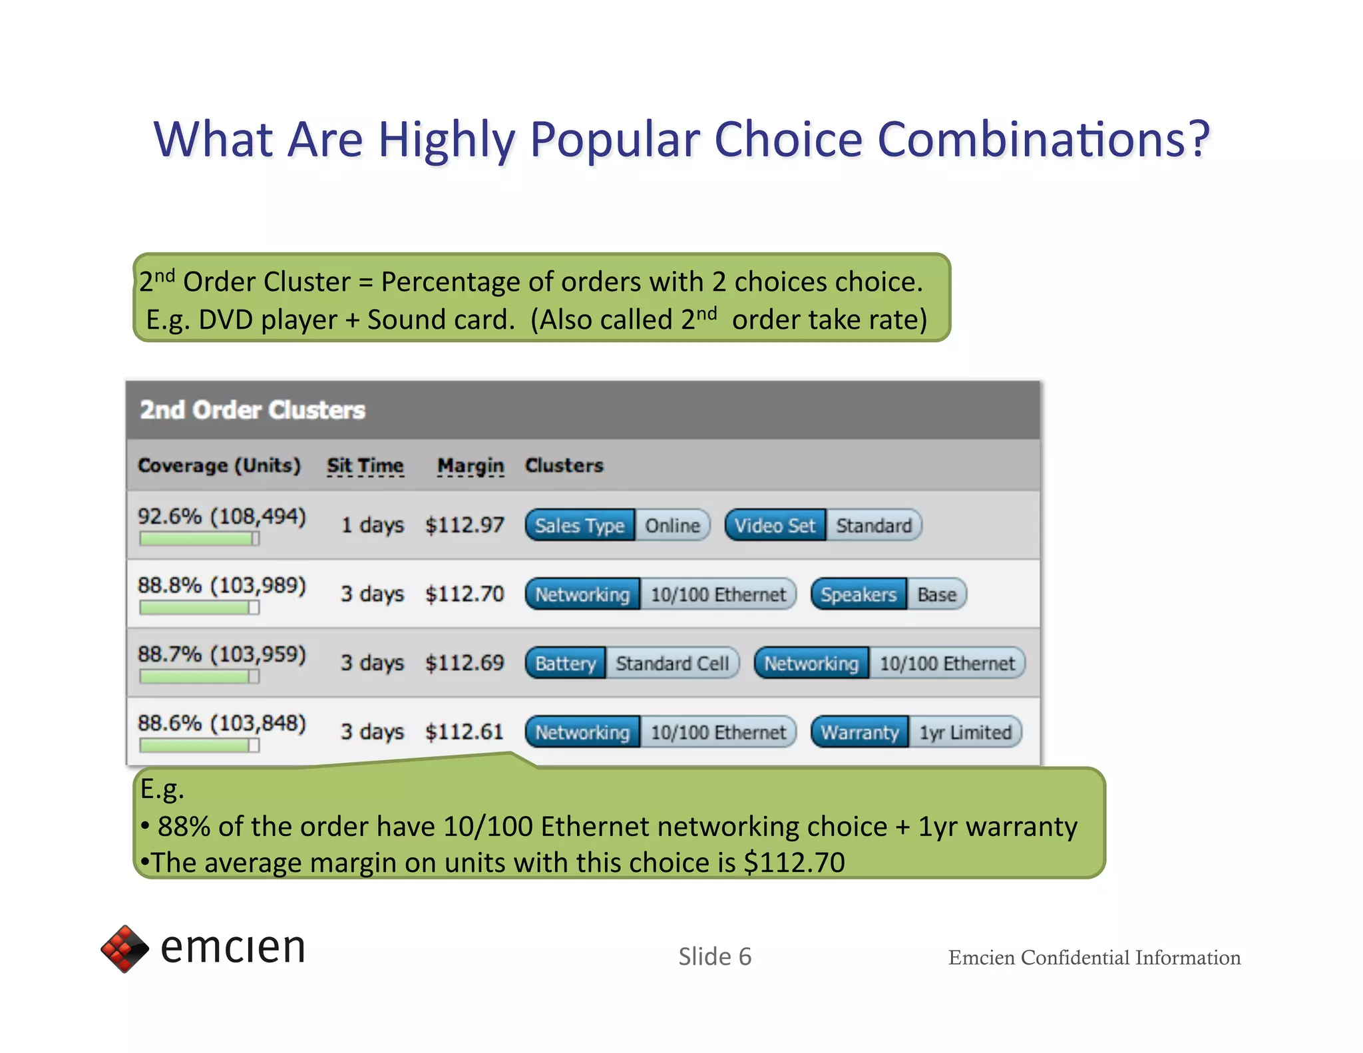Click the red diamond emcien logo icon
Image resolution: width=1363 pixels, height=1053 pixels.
tap(124, 948)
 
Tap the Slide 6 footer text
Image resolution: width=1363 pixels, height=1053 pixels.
tap(714, 956)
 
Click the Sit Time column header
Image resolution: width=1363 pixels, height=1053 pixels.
tap(365, 465)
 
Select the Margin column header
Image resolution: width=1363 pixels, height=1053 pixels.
tap(470, 465)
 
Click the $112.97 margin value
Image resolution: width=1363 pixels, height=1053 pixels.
tap(465, 525)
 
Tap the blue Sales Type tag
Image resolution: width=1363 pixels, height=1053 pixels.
tap(580, 526)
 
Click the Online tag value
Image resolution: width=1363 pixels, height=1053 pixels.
tap(672, 526)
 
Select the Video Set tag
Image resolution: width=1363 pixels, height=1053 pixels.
tap(775, 526)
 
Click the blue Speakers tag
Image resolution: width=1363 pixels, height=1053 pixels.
tap(858, 594)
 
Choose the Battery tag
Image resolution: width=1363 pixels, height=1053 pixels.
tap(565, 664)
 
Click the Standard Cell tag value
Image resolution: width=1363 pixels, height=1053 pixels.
tap(672, 664)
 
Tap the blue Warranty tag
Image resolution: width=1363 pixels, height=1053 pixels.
tap(859, 733)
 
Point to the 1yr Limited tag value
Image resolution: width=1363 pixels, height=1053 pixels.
tap(965, 733)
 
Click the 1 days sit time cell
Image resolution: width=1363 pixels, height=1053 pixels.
tap(372, 525)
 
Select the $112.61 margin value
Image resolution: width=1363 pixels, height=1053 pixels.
tap(465, 732)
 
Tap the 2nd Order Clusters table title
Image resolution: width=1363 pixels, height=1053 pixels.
tap(252, 410)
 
